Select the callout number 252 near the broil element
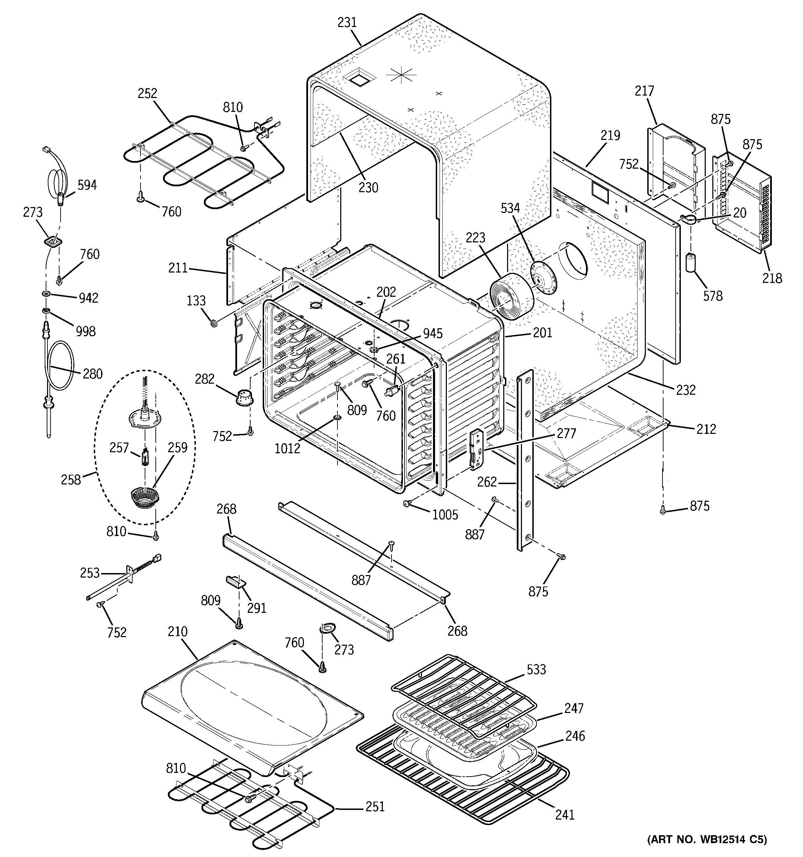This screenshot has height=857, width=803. (x=147, y=93)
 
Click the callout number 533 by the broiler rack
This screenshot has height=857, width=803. (x=536, y=669)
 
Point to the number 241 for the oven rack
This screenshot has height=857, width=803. (x=564, y=815)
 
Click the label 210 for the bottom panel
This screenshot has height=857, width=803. (x=178, y=632)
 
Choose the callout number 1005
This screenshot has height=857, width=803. (x=445, y=514)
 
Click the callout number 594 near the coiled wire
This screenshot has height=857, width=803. (x=87, y=185)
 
